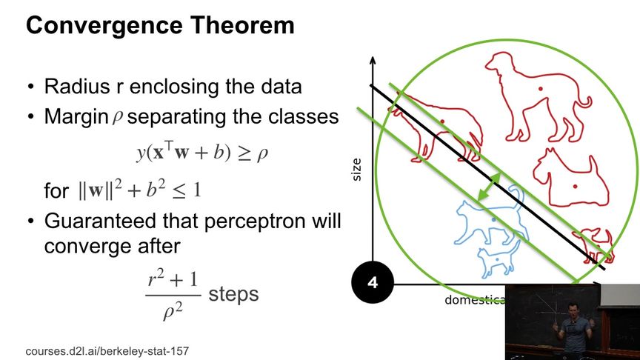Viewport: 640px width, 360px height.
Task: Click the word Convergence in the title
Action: [x=104, y=25]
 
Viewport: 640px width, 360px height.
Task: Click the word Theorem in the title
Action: [x=242, y=25]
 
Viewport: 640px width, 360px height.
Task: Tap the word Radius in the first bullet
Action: [x=77, y=86]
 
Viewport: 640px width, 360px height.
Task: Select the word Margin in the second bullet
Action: [x=76, y=117]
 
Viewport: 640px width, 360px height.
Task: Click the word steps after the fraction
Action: [x=233, y=294]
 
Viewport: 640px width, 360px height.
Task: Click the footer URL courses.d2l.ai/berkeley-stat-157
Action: [x=107, y=351]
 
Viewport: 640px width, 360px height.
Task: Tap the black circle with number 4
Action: [x=373, y=282]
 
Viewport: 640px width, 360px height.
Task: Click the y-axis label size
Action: [x=356, y=170]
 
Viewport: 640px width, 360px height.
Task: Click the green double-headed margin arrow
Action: [x=489, y=187]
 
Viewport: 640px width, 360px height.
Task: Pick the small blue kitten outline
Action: [x=498, y=259]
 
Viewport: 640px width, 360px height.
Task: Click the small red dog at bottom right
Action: [x=594, y=245]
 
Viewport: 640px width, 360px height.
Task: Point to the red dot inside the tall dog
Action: [x=541, y=89]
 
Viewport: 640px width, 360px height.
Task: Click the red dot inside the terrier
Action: [x=575, y=187]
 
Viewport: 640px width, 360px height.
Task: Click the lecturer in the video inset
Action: [x=573, y=329]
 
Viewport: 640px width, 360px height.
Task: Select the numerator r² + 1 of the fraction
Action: [x=173, y=279]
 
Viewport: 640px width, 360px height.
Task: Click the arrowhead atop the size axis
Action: [x=373, y=61]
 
